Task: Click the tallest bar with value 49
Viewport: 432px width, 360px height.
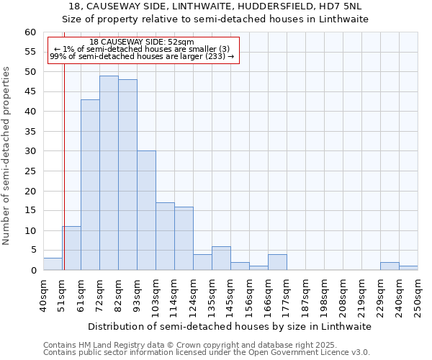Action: click(x=109, y=173)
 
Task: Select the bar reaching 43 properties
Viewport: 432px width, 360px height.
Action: click(x=90, y=185)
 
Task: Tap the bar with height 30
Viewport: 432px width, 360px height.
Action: click(x=146, y=210)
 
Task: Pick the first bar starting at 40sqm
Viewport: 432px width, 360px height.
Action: click(x=53, y=264)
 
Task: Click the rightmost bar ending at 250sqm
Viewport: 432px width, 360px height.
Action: click(x=408, y=268)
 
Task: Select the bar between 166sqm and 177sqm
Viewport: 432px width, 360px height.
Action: click(x=277, y=262)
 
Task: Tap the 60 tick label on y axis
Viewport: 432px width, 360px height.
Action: click(x=30, y=32)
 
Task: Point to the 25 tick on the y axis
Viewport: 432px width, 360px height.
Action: click(x=30, y=171)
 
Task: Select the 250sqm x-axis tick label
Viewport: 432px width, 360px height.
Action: click(x=418, y=294)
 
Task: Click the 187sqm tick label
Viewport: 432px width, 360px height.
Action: click(x=306, y=294)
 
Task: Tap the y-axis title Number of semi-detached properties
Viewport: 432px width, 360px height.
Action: click(x=6, y=156)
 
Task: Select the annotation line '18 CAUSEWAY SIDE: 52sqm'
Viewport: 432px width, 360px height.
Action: click(x=142, y=42)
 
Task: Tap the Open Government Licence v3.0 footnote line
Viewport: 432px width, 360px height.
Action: click(x=207, y=352)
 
